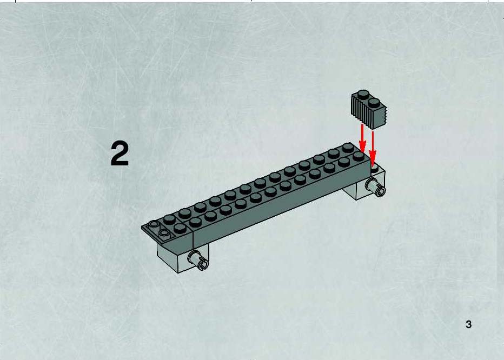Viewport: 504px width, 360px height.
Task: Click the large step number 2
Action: click(120, 154)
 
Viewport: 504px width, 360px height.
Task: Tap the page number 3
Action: click(468, 324)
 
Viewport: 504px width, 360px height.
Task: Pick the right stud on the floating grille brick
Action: click(374, 103)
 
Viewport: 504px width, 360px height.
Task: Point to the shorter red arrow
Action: click(362, 138)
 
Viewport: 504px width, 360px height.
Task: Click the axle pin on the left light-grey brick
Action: click(197, 259)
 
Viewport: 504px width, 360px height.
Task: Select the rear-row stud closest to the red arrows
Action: click(348, 148)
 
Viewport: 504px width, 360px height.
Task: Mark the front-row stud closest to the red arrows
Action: click(359, 156)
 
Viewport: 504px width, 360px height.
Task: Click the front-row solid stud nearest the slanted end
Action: click(180, 228)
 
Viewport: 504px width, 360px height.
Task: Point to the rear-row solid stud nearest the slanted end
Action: click(169, 219)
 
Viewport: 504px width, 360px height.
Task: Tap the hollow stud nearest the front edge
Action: click(164, 233)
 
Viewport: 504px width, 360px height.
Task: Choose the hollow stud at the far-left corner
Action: click(154, 224)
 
